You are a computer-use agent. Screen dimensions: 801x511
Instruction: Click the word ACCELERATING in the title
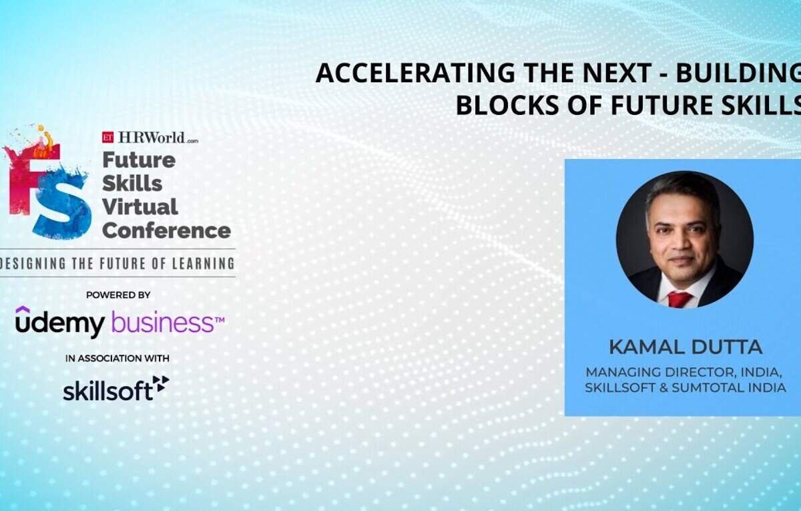tap(415, 73)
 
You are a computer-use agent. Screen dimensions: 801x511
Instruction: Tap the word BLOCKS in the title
tap(507, 106)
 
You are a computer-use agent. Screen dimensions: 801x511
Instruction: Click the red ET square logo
tap(107, 137)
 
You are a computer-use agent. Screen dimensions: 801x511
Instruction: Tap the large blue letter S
tap(63, 209)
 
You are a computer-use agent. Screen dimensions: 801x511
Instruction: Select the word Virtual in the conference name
tap(140, 207)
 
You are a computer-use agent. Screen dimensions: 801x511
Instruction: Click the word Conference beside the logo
tap(166, 230)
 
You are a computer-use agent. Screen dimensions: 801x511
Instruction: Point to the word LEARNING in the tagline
tap(203, 264)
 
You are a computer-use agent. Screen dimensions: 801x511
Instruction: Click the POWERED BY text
tap(118, 295)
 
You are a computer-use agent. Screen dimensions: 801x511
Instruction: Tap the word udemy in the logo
tap(60, 322)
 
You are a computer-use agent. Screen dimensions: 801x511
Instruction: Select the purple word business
tap(163, 322)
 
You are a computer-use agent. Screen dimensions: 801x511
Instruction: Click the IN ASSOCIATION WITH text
tap(117, 358)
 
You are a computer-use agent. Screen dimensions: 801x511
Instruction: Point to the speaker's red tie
tap(679, 299)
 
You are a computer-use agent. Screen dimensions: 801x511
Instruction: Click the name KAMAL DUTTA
tap(686, 347)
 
